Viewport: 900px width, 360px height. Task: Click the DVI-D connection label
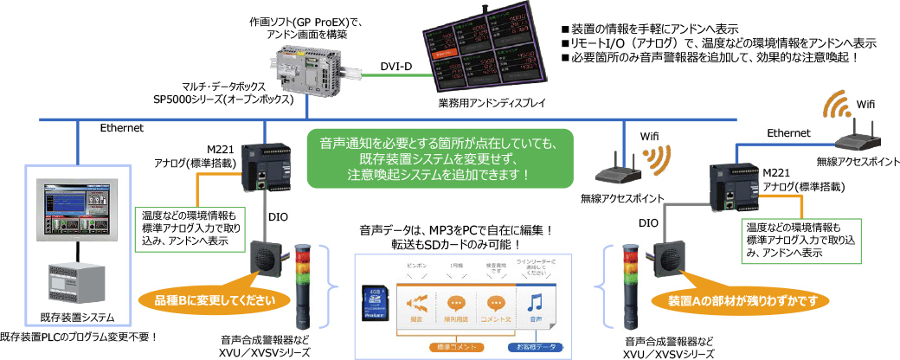(397, 67)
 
